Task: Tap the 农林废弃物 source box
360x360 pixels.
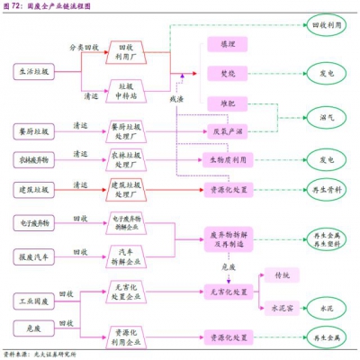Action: pos(33,159)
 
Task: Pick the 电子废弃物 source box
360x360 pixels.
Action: pos(33,220)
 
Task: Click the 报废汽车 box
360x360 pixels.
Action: pos(33,255)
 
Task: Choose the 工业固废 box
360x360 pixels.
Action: pos(33,298)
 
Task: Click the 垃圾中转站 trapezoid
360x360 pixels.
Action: pos(127,90)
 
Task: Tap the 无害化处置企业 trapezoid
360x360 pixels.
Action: pos(127,298)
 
